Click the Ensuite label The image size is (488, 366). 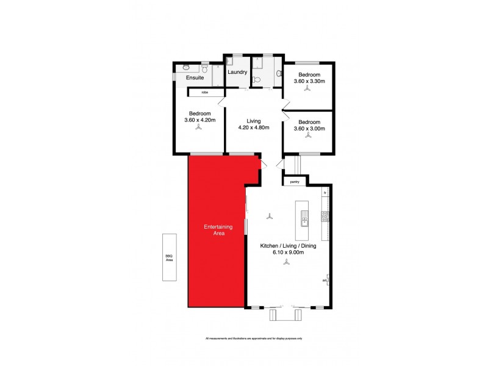[195, 78]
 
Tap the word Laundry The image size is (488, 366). [237, 72]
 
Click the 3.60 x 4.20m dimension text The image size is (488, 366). [199, 120]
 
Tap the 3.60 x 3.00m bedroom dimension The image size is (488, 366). [309, 128]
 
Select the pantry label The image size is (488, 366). [295, 181]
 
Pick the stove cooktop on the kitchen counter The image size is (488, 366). [326, 215]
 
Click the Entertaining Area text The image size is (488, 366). [215, 230]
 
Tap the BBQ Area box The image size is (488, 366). [170, 258]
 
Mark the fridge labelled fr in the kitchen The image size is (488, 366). [326, 193]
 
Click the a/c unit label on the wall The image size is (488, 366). [325, 281]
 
